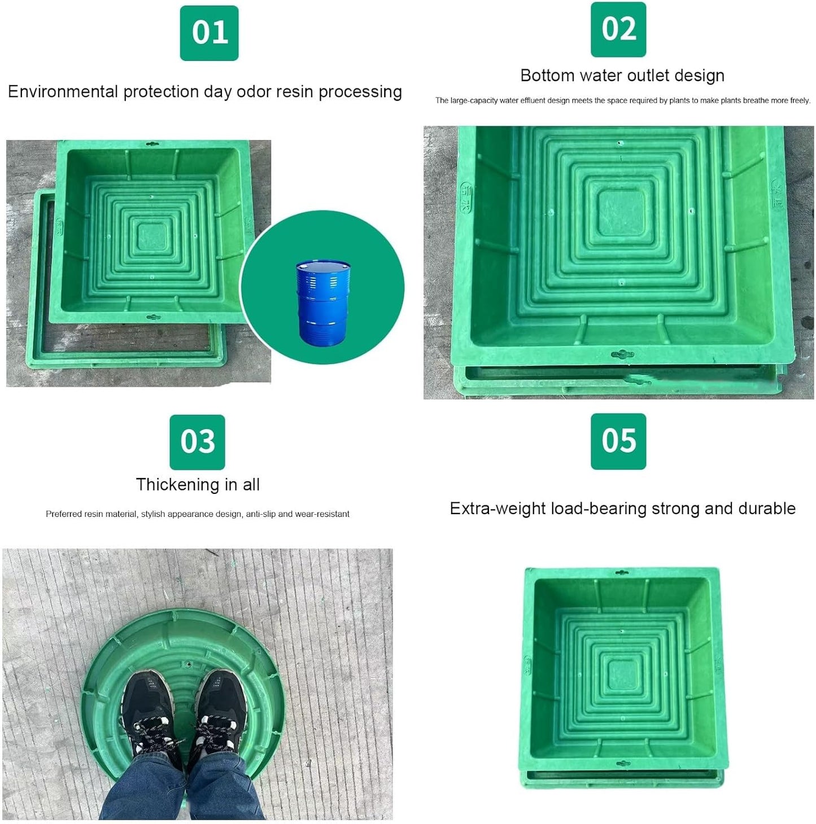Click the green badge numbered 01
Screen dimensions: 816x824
click(x=209, y=33)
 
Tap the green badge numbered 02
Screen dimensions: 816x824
click(x=618, y=29)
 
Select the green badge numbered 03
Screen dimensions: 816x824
click(x=197, y=442)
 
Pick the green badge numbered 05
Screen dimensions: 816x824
click(x=618, y=441)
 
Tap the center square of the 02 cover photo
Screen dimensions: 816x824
click(x=621, y=213)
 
